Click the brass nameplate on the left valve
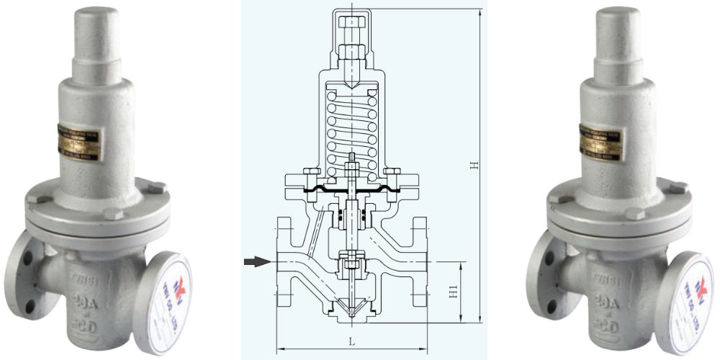pyautogui.click(x=80, y=143)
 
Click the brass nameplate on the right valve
pyautogui.click(x=601, y=143)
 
